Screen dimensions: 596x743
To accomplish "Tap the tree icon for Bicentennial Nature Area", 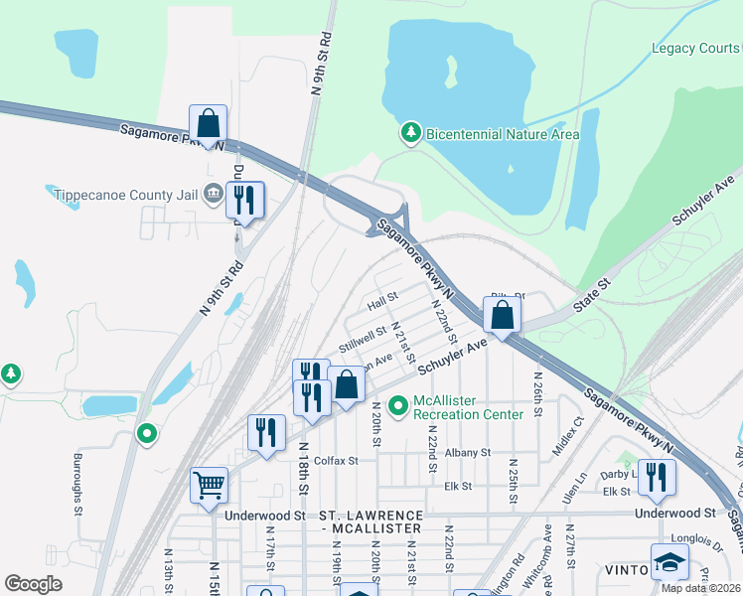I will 410,133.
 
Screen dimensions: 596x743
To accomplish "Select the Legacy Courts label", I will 695,48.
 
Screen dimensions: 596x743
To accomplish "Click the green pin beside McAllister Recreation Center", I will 398,405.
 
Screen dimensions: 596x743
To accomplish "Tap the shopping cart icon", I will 210,486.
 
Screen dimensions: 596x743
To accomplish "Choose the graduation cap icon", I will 669,561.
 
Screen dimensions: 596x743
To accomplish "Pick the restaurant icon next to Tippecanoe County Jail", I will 243,200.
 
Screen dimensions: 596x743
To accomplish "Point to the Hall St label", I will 381,297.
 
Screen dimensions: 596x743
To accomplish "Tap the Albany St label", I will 468,452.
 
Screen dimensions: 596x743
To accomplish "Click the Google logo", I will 33,584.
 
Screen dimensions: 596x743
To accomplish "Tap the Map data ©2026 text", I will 699,588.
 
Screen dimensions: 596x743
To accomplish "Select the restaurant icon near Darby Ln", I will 657,477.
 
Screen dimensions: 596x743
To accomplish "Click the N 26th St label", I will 537,398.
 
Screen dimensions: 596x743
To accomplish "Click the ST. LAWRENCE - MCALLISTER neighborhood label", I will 371,523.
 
